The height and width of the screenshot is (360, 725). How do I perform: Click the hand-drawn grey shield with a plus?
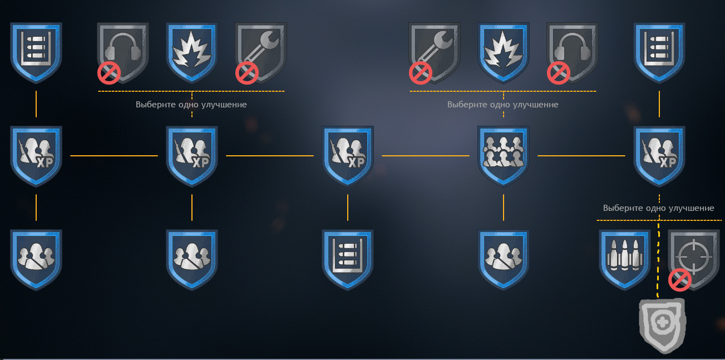point(663,326)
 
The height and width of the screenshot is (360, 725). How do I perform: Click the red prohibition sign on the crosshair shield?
point(680,280)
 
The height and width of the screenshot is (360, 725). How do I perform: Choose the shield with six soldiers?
point(504,156)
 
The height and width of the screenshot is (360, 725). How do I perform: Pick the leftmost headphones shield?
point(123,52)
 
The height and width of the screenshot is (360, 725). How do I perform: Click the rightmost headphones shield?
point(572,52)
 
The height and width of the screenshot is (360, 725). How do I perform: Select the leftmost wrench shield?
point(261,52)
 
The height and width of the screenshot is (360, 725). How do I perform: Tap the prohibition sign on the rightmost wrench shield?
point(421,73)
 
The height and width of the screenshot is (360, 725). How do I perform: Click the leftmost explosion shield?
point(191,52)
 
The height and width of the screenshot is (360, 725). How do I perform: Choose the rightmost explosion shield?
point(504,52)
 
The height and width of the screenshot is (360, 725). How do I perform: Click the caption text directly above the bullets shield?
point(658,208)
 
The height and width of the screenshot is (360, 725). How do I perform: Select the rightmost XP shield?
point(659,156)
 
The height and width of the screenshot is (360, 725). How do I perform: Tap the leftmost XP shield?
point(36,156)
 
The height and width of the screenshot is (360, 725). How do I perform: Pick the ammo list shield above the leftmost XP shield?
point(36,52)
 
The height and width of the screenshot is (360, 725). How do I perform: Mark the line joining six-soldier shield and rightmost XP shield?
point(581,156)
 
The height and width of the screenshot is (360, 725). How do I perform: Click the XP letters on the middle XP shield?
point(357,162)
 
